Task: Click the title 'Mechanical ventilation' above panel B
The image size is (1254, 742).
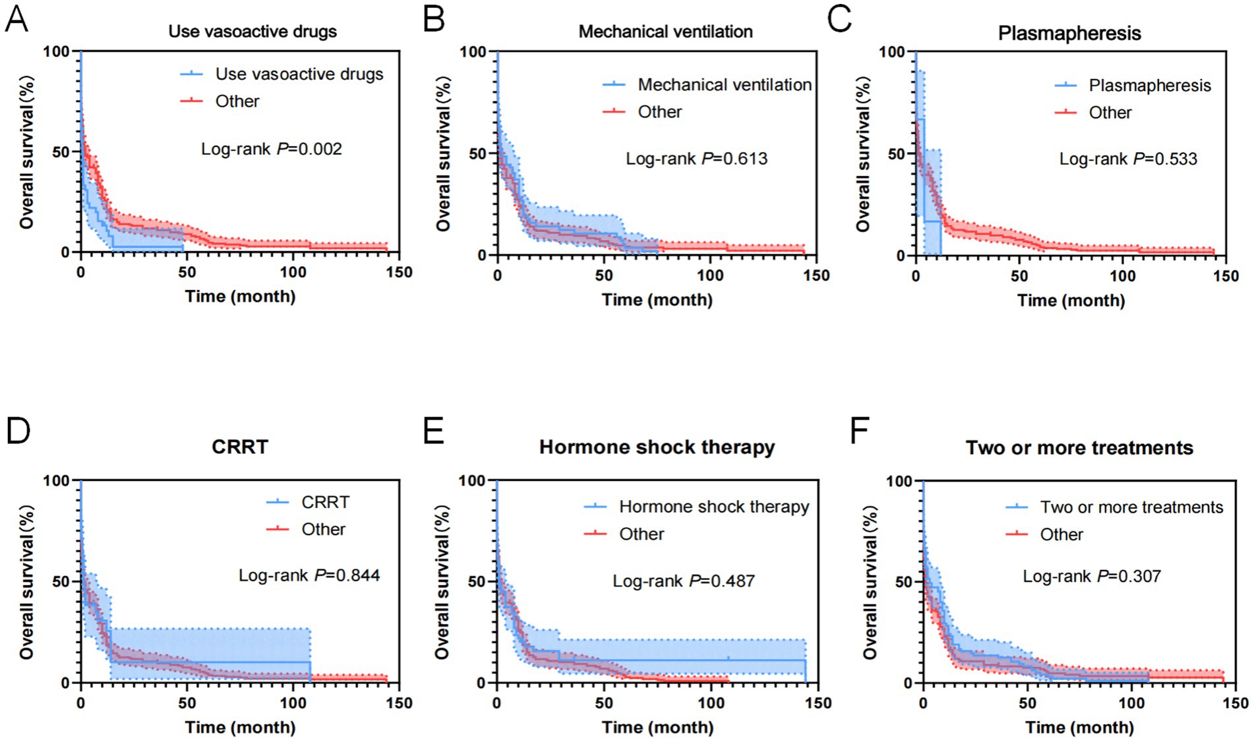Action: (665, 32)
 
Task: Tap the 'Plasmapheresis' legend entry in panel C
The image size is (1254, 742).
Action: (1149, 86)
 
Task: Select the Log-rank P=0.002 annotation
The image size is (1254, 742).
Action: (272, 149)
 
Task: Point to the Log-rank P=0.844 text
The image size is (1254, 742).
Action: (309, 575)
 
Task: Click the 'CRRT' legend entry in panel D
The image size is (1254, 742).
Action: (325, 502)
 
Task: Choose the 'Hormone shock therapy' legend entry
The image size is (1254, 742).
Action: (713, 507)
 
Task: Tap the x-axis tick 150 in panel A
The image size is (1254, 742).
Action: (399, 273)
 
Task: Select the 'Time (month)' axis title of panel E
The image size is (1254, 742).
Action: (657, 728)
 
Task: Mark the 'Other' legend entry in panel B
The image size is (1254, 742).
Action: (659, 112)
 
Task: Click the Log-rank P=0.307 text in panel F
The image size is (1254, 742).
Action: (1091, 576)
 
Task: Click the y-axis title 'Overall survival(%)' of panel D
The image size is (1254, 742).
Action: (26, 582)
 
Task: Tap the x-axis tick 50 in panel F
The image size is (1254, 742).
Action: (1027, 703)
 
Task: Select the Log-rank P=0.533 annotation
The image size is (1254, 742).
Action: (1128, 159)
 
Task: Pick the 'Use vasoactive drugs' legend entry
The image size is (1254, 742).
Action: (299, 74)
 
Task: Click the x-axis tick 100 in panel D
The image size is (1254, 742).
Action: (293, 703)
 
